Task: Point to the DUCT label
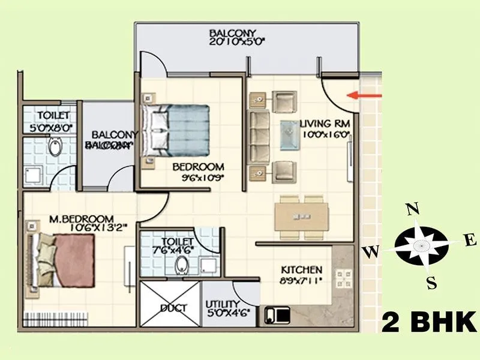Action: pyautogui.click(x=173, y=308)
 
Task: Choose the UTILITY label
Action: pyautogui.click(x=222, y=304)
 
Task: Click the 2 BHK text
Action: pyautogui.click(x=428, y=322)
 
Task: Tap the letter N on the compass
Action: pyautogui.click(x=412, y=209)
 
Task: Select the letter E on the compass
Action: pyautogui.click(x=471, y=241)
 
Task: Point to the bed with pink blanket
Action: pyautogui.click(x=66, y=260)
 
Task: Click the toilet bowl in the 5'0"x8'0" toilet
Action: pyautogui.click(x=56, y=147)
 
